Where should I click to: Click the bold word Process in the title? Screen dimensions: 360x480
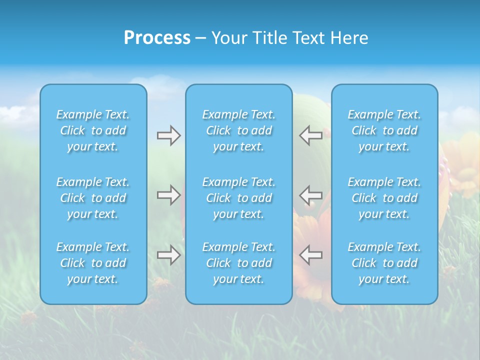(x=157, y=38)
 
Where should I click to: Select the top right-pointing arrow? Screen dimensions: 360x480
(x=168, y=135)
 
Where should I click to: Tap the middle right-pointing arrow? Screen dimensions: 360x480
(x=168, y=194)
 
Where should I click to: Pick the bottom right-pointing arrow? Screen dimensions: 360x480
(x=168, y=255)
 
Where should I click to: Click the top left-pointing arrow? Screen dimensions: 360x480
(x=311, y=135)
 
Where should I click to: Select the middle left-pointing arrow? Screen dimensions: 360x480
(x=311, y=194)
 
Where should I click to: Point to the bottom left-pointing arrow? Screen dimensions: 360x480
(x=311, y=255)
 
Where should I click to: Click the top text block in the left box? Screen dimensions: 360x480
(x=93, y=130)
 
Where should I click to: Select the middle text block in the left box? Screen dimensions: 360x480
(x=93, y=198)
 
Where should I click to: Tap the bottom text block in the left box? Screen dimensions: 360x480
(x=93, y=263)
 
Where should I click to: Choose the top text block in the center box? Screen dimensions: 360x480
(x=238, y=130)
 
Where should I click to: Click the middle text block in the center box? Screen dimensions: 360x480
(x=238, y=198)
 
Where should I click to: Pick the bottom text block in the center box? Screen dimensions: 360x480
(x=238, y=263)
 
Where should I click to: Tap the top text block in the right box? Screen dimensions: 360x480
(x=384, y=130)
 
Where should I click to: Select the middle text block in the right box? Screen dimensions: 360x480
(x=384, y=198)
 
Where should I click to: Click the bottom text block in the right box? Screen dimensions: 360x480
(x=384, y=263)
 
